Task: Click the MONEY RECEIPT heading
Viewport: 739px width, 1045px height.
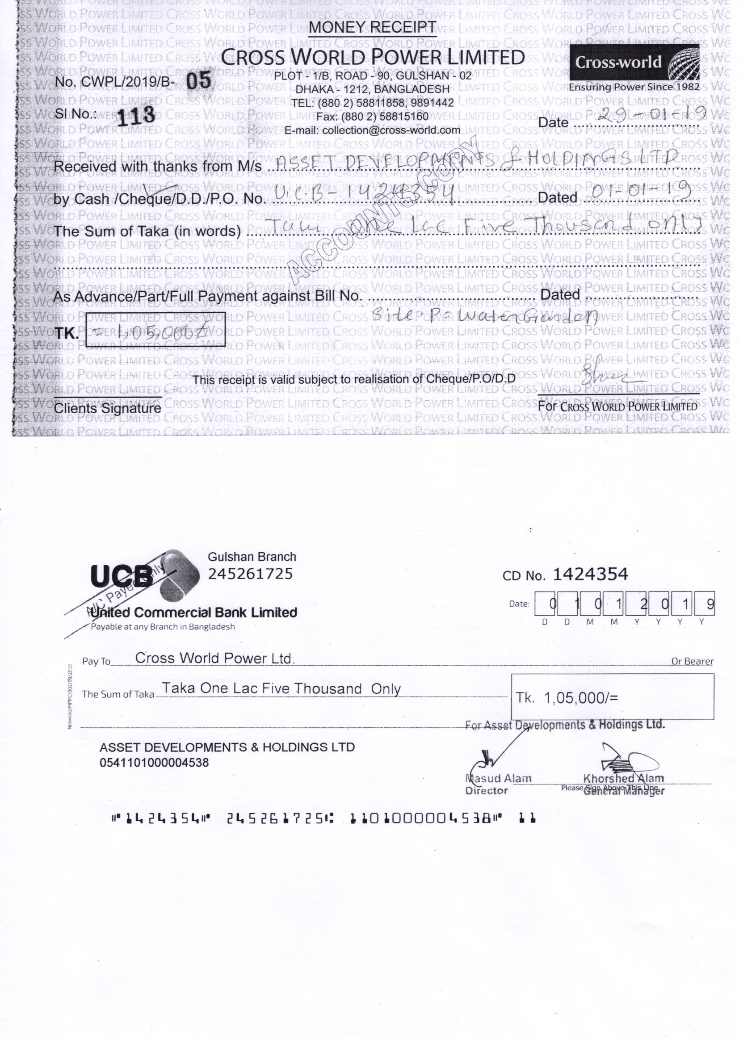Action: (x=372, y=28)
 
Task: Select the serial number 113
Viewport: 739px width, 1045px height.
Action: (x=136, y=116)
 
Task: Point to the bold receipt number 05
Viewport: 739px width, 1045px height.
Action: (x=199, y=81)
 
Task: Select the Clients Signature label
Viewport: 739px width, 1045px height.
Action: (x=107, y=408)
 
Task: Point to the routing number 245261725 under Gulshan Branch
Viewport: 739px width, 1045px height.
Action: (x=250, y=574)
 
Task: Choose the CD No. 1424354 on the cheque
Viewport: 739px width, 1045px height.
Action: (x=590, y=575)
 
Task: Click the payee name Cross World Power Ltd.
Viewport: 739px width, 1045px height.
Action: (x=215, y=658)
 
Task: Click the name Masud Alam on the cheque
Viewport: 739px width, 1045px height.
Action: (x=498, y=779)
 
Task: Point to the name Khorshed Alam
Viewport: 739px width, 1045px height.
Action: (x=623, y=779)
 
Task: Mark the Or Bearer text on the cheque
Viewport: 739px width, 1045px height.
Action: (x=692, y=661)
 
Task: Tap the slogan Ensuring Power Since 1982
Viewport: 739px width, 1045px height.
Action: (x=634, y=87)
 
